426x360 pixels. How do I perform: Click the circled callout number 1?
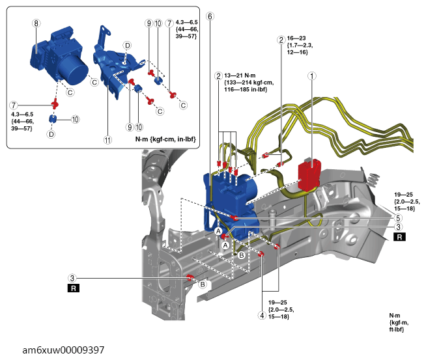(313, 76)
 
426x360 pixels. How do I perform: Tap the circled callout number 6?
(209, 16)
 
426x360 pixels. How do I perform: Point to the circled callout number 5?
(399, 219)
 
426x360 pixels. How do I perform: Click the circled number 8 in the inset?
(36, 22)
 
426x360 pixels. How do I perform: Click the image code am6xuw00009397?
(53, 350)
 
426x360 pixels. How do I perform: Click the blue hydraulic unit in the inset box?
(58, 55)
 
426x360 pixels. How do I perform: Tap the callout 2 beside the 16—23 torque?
(281, 39)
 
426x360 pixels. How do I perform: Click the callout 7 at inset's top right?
(169, 23)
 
